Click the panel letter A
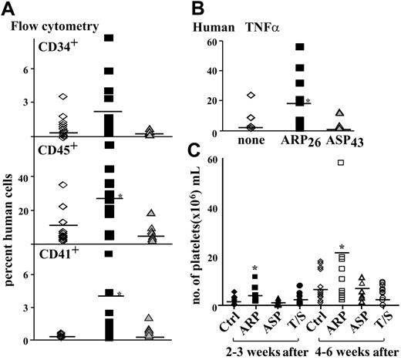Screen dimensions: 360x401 (10, 9)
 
